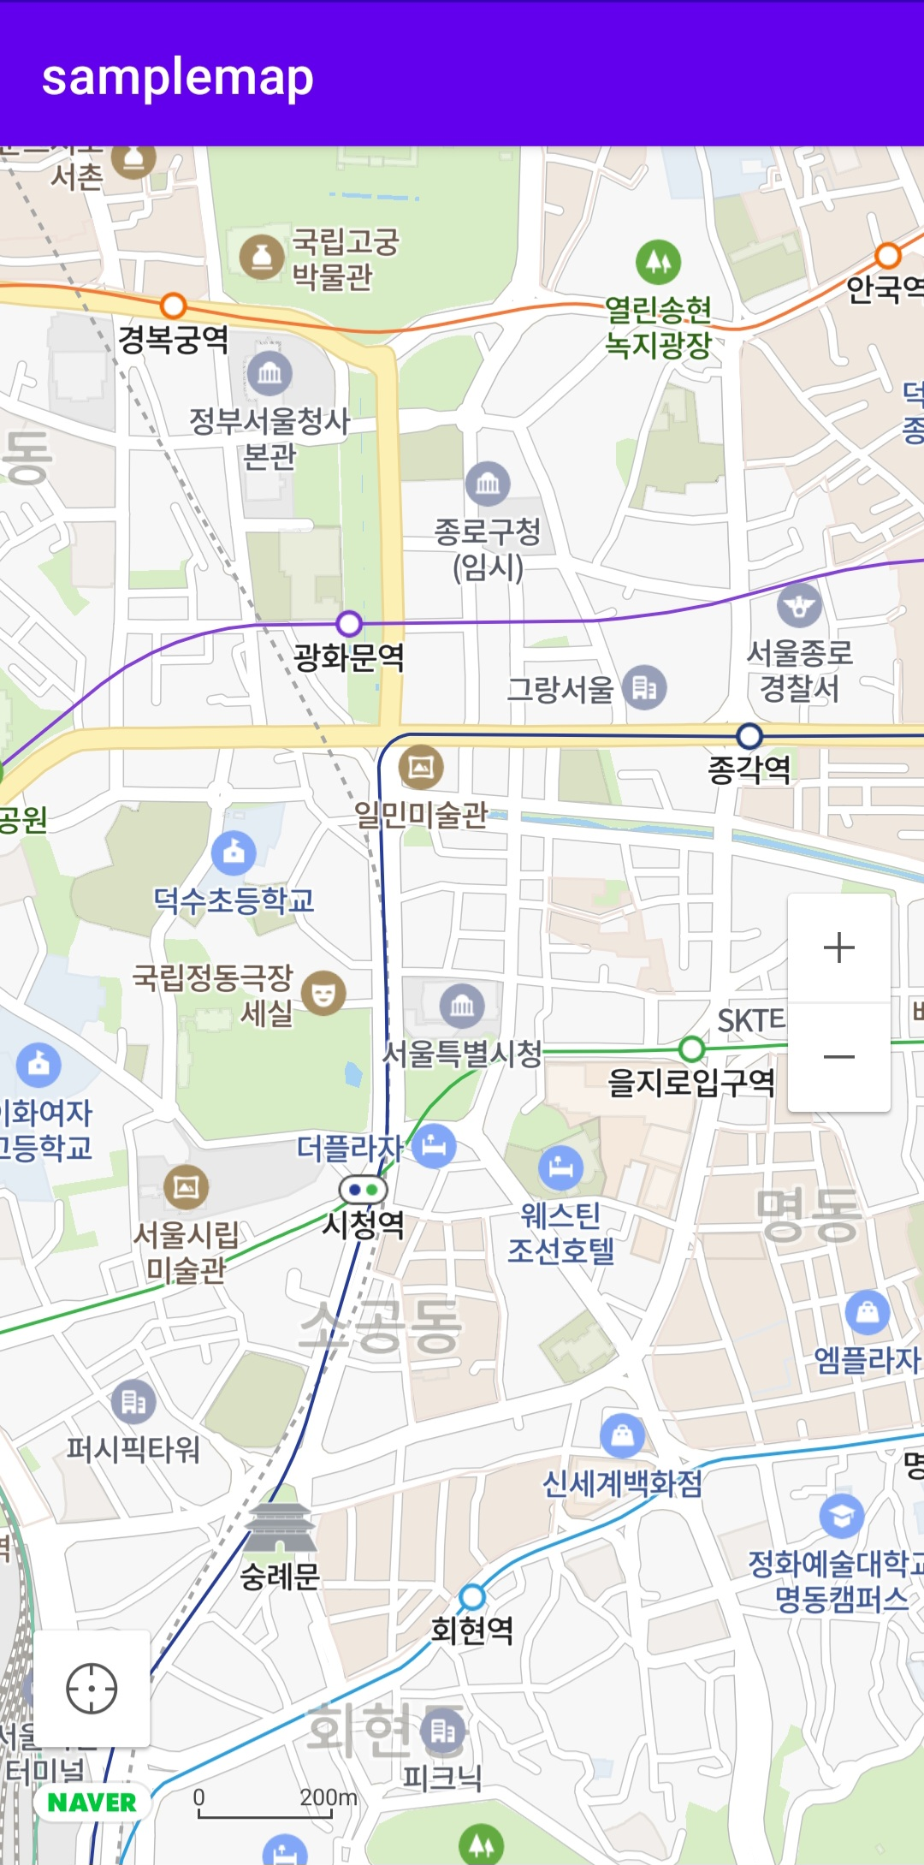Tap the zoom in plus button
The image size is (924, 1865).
838,947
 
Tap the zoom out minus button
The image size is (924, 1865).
838,1057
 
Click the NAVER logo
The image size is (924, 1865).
92,1802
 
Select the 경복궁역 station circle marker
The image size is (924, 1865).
174,306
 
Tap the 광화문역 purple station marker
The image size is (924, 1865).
349,624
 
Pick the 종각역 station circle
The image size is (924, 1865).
749,735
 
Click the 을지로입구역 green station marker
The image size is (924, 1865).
691,1048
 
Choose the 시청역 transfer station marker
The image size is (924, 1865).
363,1190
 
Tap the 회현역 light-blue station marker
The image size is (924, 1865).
472,1596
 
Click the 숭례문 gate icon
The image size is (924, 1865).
280,1528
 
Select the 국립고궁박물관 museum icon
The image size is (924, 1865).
262,257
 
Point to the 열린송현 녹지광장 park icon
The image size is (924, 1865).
658,261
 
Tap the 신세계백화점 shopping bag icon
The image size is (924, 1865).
622,1435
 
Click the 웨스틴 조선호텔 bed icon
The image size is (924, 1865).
560,1167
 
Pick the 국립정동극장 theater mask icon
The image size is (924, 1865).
323,993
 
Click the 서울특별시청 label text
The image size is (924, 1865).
462,1053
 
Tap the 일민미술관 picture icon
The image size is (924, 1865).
421,767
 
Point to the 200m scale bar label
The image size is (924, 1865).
329,1797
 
